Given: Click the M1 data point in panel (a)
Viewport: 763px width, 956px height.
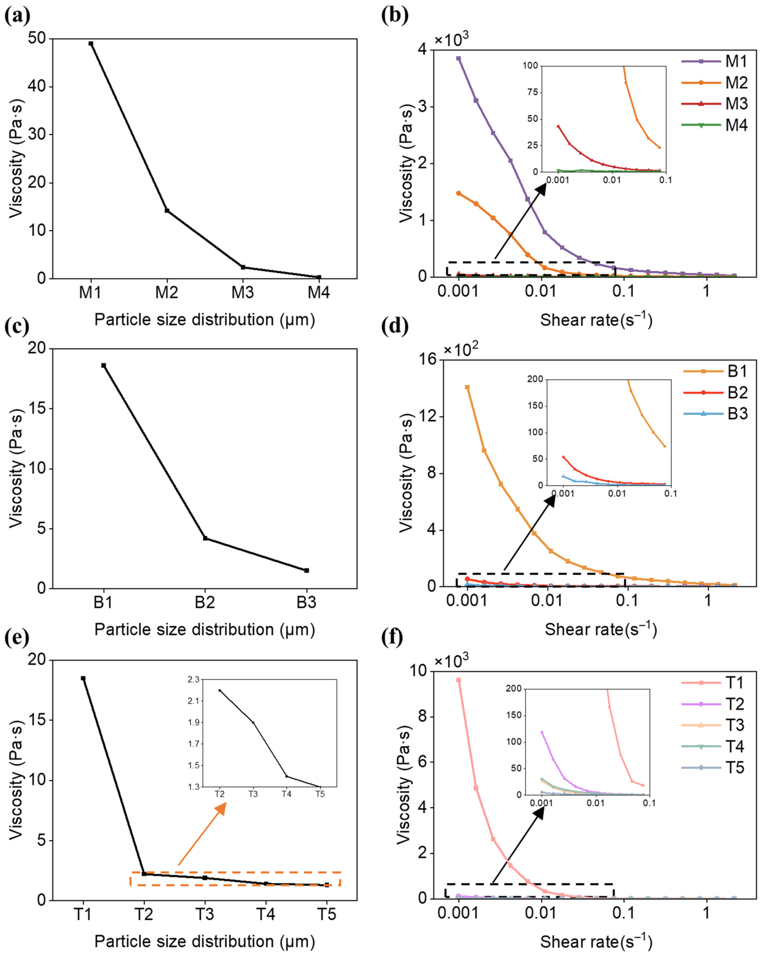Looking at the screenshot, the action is [x=91, y=43].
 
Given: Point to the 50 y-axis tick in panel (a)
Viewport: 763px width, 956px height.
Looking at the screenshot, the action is [x=37, y=39].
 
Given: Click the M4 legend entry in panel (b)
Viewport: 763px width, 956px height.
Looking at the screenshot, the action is [x=715, y=125].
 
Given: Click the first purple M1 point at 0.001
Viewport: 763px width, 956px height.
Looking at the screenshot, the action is [x=459, y=58].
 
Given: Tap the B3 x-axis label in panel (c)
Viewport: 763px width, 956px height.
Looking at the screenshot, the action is [x=306, y=603].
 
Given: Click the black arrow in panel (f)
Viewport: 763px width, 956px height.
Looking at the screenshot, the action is [x=518, y=845].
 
